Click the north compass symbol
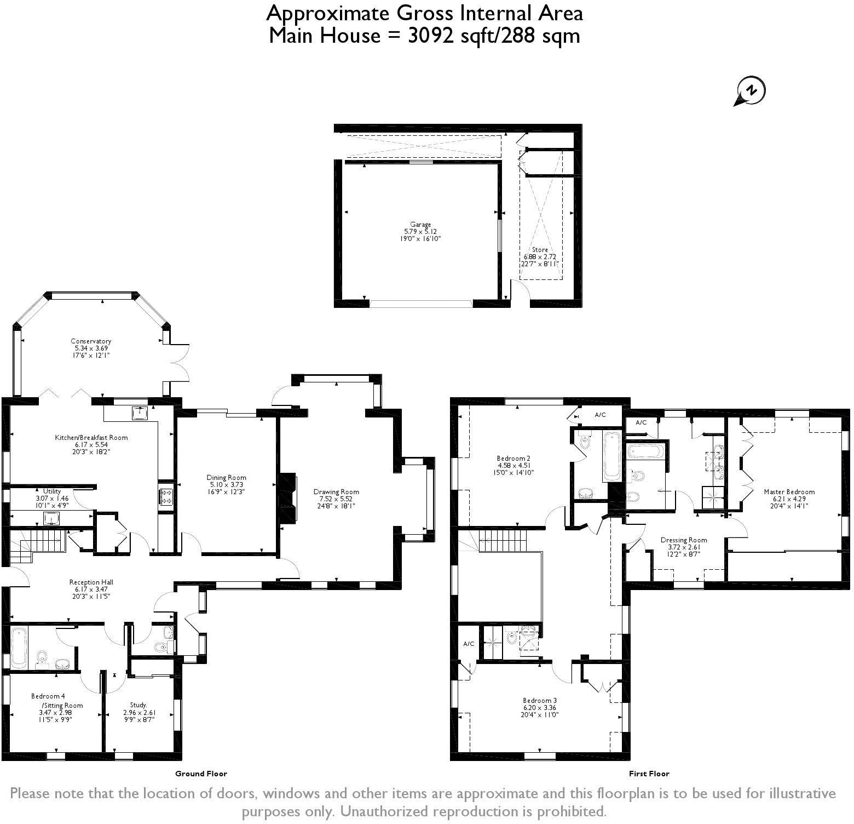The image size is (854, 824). tap(750, 91)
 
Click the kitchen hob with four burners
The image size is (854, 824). tap(166, 496)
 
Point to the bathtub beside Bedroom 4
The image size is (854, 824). tap(19, 648)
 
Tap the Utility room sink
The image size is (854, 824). tap(51, 518)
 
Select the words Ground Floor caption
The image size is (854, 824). tap(201, 774)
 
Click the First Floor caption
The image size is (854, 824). tap(649, 774)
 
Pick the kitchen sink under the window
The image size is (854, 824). tap(139, 413)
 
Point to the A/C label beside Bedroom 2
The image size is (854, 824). tap(601, 415)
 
